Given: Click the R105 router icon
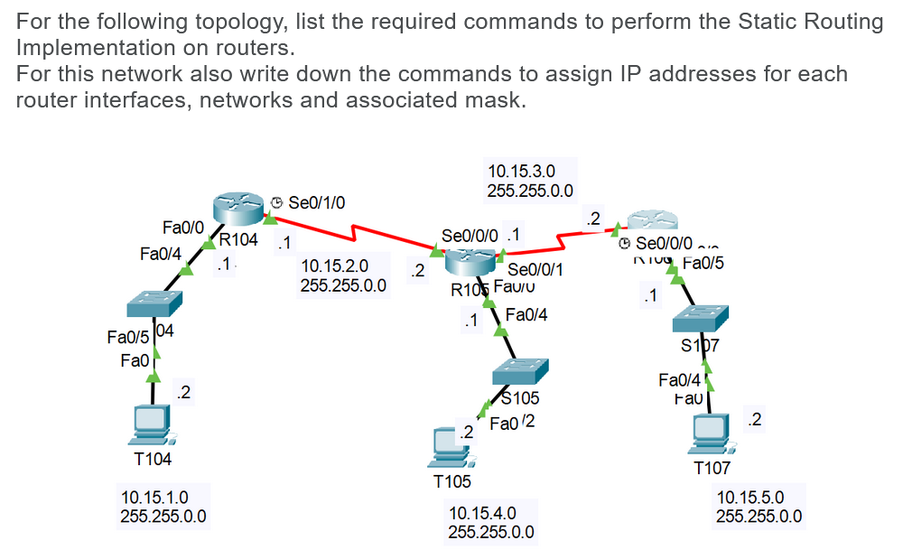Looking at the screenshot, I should [471, 263].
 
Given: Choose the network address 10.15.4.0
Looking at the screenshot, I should [482, 513].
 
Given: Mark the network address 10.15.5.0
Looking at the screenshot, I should [749, 497].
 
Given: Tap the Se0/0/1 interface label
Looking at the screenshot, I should [536, 269].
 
